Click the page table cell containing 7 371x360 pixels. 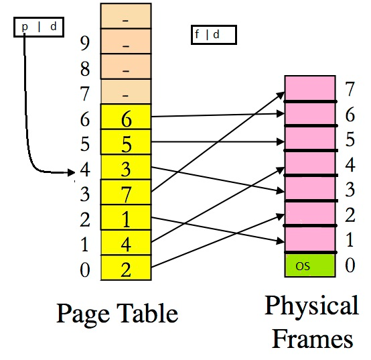click(x=126, y=192)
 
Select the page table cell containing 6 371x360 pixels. click(x=126, y=117)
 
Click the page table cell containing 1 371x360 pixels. click(x=126, y=218)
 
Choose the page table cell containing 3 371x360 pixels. click(x=126, y=168)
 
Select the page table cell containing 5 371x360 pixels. click(x=126, y=142)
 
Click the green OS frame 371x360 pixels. click(x=309, y=264)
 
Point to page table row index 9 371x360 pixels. click(x=84, y=44)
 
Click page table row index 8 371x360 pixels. click(x=84, y=68)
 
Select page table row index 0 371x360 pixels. click(x=84, y=270)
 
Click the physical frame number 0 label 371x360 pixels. click(x=348, y=265)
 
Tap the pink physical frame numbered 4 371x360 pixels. click(x=309, y=164)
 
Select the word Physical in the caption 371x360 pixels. click(x=311, y=306)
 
